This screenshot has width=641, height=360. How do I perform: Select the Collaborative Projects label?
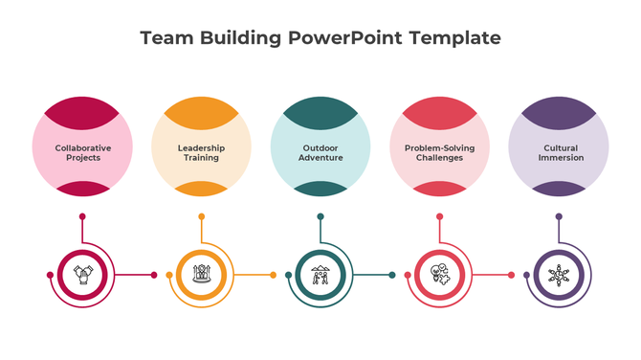83,153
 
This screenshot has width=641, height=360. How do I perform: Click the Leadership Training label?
202,153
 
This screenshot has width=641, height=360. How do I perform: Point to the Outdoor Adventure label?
320,153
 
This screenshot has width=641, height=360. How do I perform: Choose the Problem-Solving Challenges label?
440,153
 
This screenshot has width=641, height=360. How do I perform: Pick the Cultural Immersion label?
560,153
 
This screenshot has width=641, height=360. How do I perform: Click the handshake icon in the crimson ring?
83,276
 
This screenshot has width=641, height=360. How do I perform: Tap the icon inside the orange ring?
202,276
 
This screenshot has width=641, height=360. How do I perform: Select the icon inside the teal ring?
320,276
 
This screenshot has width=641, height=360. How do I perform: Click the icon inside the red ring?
440,276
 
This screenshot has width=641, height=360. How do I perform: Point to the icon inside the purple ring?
559,276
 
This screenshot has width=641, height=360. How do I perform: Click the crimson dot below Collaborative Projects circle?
83,216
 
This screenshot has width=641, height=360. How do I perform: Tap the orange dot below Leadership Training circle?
202,216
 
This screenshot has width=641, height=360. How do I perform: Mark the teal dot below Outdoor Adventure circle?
320,216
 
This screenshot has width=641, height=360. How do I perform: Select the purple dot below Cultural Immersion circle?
559,216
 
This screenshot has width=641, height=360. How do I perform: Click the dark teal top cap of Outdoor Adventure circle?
320,106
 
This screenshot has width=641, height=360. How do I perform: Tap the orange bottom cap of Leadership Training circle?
202,190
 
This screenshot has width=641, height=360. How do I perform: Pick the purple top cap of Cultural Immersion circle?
559,106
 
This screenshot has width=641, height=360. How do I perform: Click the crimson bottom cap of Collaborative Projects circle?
83,190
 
